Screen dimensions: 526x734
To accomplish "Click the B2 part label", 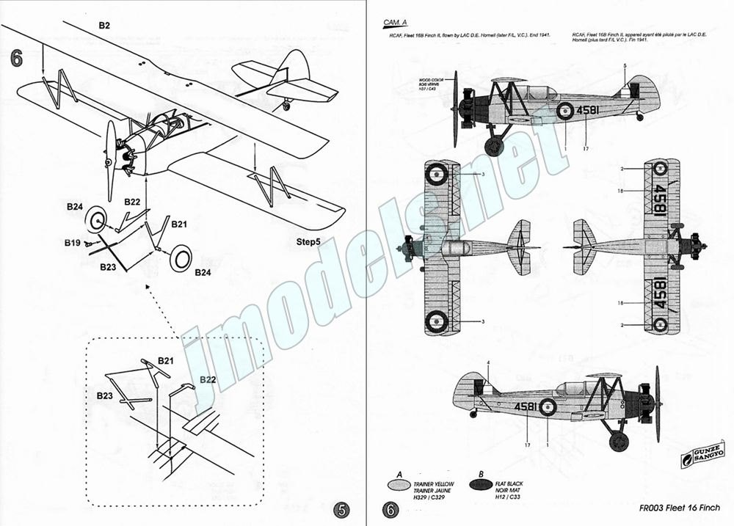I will click(105, 25).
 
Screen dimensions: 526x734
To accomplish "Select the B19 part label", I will click(71, 241).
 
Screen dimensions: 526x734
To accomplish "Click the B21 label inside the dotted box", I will click(166, 362).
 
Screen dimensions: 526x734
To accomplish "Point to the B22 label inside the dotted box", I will click(208, 380).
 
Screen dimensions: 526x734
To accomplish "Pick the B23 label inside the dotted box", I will click(108, 395).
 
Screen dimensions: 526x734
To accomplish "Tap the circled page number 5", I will click(341, 509).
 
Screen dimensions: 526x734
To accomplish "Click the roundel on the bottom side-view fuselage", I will click(548, 407).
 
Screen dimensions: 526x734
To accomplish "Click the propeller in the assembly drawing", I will click(110, 147).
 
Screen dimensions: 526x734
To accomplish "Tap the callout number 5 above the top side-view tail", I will click(625, 66).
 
